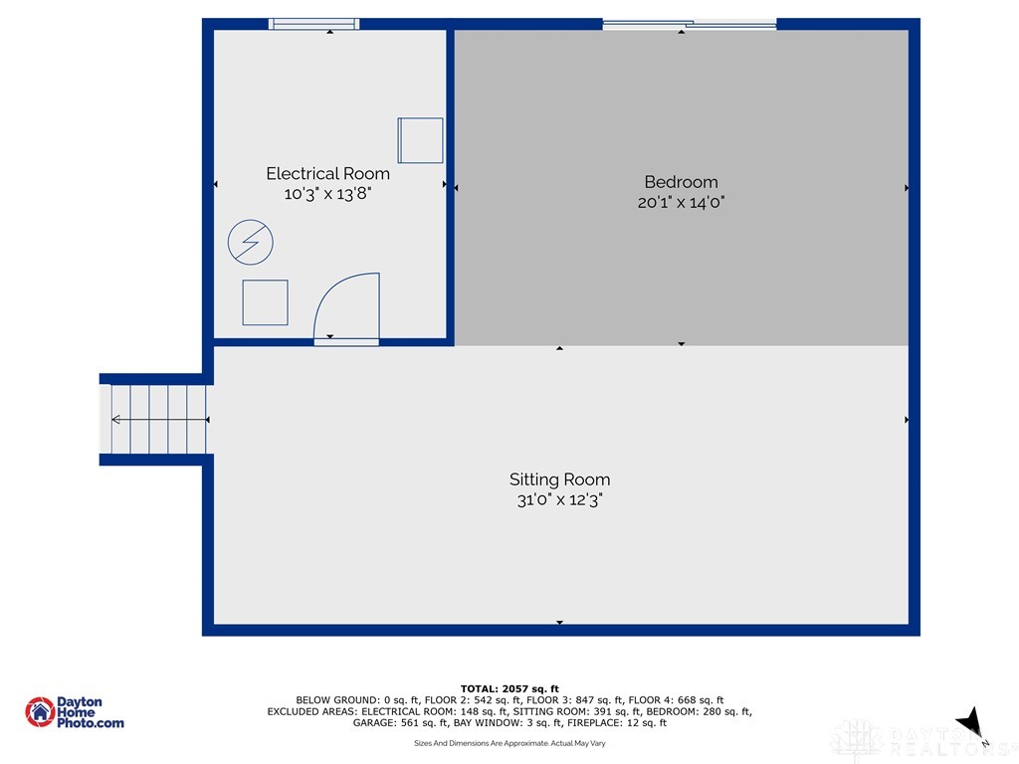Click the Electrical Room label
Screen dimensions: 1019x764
[327, 173]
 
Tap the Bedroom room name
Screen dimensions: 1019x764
[681, 182]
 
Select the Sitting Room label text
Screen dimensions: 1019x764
[559, 479]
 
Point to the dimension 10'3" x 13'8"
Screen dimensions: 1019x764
[327, 194]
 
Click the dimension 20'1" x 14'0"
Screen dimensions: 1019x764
[681, 202]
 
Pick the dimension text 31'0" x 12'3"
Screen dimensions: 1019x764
[559, 499]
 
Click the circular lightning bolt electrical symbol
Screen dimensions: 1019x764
[250, 243]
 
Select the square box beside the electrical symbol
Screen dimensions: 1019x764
[265, 302]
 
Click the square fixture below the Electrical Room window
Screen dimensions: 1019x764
[421, 140]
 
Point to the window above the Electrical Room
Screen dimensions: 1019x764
[313, 24]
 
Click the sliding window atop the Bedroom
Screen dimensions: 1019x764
[690, 25]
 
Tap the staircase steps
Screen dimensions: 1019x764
[158, 419]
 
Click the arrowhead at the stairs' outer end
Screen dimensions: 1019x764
[115, 420]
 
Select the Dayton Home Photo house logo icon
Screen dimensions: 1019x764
[40, 712]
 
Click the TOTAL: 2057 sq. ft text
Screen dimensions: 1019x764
[509, 688]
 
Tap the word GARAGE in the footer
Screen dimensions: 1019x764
[374, 722]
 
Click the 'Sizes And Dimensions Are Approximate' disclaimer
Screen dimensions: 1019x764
[509, 743]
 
